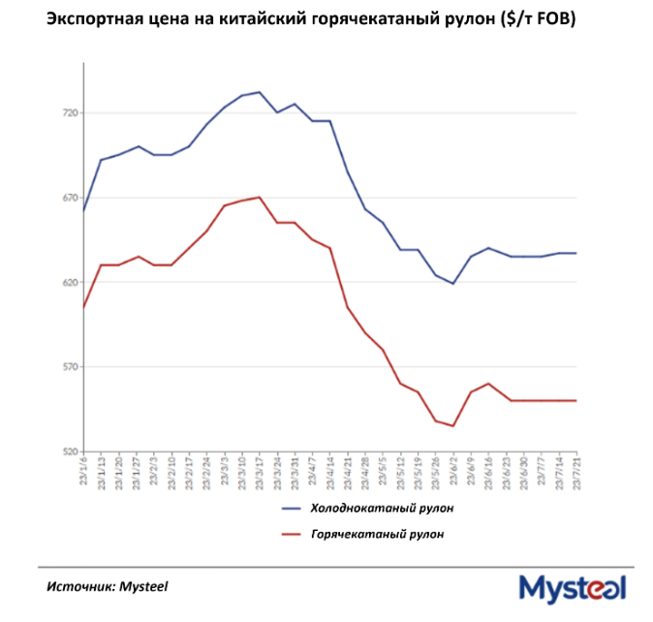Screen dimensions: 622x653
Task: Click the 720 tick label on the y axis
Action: click(69, 113)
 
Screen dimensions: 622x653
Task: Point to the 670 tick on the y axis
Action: click(69, 198)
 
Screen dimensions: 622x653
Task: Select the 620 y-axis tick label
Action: click(69, 283)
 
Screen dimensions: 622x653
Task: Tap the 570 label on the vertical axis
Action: click(69, 367)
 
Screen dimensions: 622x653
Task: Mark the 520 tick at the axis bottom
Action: click(69, 451)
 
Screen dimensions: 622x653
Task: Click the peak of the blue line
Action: click(260, 92)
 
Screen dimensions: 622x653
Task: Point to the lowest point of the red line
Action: click(453, 426)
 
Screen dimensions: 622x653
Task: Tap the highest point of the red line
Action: click(260, 197)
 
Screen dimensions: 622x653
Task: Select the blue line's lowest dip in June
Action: click(453, 284)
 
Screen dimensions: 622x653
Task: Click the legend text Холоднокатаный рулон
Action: click(381, 508)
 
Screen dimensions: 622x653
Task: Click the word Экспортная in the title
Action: click(90, 20)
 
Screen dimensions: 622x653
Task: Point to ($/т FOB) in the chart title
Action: click(537, 20)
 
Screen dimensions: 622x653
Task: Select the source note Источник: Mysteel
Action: click(107, 586)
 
